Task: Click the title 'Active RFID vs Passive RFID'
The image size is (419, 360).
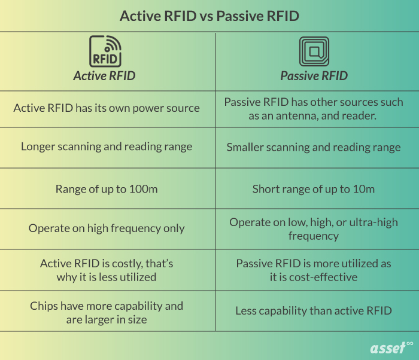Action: tap(209, 16)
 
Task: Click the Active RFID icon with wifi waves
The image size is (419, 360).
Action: tap(105, 51)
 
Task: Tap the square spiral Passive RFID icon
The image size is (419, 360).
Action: tap(314, 51)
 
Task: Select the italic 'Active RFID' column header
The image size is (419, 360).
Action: tap(104, 76)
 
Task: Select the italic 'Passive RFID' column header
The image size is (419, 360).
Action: tap(314, 76)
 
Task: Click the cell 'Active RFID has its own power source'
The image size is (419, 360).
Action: tap(107, 108)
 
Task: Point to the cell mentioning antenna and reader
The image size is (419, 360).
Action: tap(314, 109)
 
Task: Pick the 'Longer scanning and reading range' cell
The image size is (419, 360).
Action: tap(107, 147)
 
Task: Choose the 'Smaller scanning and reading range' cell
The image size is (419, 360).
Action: tap(314, 147)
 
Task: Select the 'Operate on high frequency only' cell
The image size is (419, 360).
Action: tap(107, 228)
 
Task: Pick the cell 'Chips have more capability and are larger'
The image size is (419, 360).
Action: tap(107, 312)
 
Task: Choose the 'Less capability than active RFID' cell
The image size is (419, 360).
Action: tap(314, 310)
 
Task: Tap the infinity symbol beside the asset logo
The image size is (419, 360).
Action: tap(409, 343)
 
